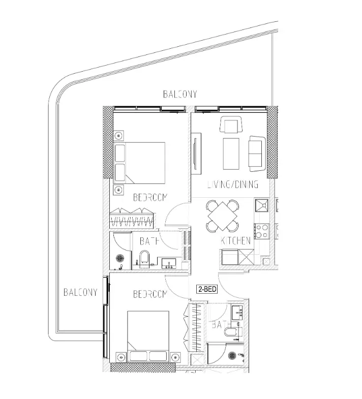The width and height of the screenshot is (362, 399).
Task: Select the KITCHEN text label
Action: click(236, 241)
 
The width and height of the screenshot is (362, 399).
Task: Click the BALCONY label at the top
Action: click(180, 94)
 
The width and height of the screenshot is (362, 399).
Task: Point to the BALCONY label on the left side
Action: click(80, 292)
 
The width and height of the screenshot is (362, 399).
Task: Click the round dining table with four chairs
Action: click(222, 215)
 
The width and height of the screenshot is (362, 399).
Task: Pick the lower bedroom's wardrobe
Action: click(196, 328)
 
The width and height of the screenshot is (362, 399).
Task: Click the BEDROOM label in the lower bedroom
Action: click(150, 294)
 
